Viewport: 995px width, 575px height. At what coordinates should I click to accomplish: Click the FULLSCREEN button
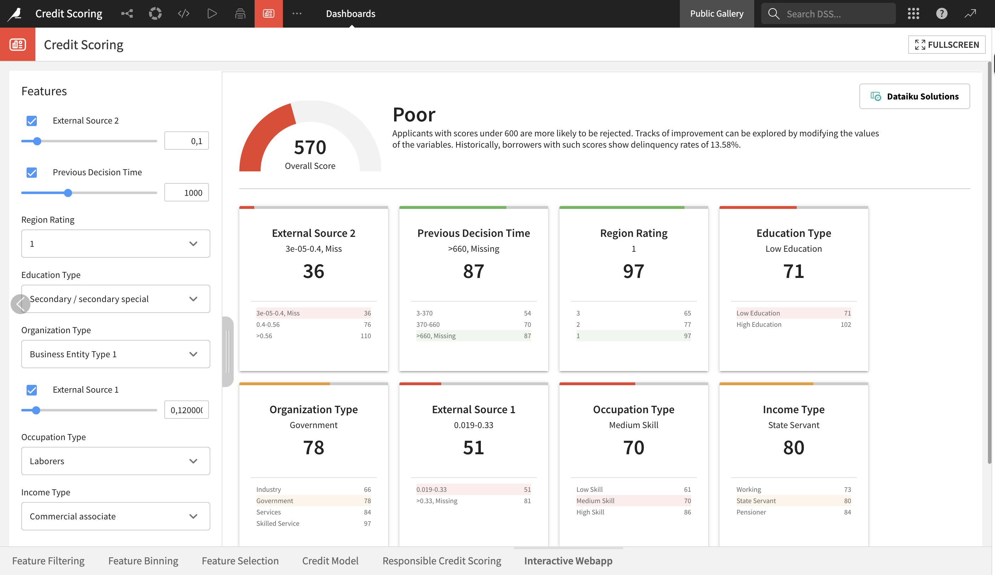point(946,45)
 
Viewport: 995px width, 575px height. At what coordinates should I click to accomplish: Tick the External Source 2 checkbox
point(32,121)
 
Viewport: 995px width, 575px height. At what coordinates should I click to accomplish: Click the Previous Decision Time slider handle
point(68,193)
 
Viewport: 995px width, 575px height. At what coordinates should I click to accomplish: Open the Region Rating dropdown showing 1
point(115,244)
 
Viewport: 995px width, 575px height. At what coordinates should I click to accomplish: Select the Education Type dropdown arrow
point(193,299)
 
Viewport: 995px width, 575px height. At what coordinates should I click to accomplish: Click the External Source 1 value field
point(186,410)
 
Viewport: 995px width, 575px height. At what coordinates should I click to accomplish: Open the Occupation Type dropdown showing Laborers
point(115,461)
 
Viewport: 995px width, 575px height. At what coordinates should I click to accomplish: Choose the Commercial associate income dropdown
point(115,516)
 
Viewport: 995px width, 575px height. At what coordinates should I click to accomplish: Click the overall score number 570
point(310,147)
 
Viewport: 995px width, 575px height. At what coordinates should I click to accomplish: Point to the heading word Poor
point(414,115)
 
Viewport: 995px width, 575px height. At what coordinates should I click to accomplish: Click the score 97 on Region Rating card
point(633,271)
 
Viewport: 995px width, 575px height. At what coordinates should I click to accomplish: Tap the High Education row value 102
point(845,325)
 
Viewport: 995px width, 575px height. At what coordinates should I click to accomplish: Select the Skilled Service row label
point(278,523)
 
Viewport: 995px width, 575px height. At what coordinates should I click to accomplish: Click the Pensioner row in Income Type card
point(751,512)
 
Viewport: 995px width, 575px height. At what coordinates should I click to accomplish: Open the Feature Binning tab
point(143,561)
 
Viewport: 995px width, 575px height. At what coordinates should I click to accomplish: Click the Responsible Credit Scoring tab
point(442,561)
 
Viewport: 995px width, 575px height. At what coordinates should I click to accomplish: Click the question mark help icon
point(941,14)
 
